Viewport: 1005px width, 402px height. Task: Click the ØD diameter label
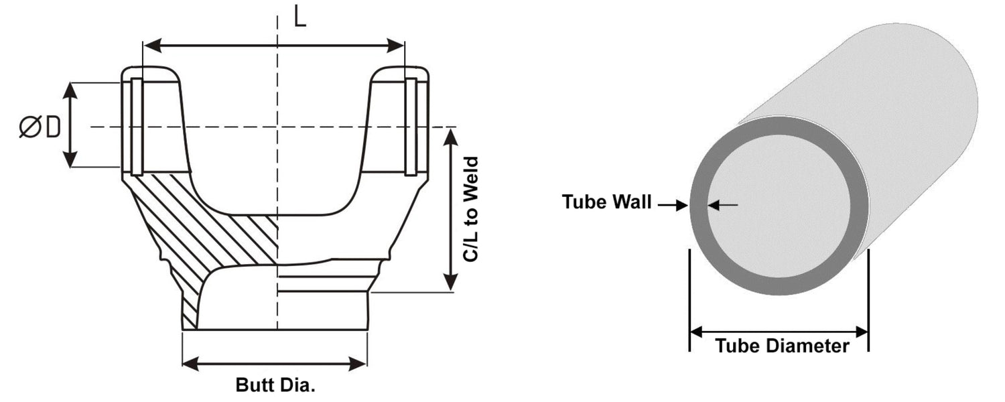[x=40, y=127]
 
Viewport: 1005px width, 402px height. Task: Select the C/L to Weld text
[x=472, y=209]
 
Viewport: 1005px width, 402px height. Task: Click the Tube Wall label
[x=606, y=202]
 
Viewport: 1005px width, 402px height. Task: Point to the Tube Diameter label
[x=782, y=346]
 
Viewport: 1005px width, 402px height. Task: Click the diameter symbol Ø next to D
[x=31, y=127]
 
